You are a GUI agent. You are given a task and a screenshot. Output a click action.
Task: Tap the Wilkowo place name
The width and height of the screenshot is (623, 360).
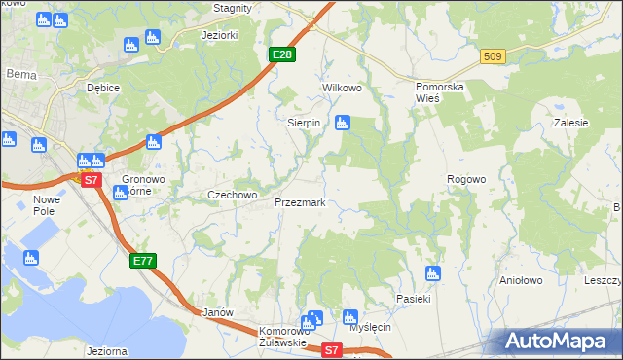point(342,88)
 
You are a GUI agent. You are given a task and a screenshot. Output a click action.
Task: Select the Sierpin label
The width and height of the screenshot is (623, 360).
point(304,124)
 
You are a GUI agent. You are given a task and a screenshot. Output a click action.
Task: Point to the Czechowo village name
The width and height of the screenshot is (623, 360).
point(232,195)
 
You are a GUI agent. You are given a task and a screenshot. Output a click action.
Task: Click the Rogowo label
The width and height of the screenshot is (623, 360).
point(465,180)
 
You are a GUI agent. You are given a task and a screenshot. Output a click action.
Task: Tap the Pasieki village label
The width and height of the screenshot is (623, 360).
point(413,298)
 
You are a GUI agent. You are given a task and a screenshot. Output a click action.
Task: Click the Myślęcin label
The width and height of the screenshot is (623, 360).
point(370,327)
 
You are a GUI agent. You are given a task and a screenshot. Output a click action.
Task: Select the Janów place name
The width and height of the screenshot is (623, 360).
point(218,313)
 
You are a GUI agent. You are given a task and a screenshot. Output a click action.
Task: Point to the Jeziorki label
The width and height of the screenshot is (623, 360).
point(219,35)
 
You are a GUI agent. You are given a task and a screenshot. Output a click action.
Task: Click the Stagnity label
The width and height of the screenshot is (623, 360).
point(232,7)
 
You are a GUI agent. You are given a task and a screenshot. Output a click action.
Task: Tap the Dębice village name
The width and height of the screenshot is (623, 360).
point(102,88)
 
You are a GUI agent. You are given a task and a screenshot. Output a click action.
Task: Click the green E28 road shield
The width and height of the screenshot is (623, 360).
point(282,54)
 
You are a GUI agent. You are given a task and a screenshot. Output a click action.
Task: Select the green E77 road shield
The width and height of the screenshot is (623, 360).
point(142,261)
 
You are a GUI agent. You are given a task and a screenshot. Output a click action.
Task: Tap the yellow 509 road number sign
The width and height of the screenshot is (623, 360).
point(492,57)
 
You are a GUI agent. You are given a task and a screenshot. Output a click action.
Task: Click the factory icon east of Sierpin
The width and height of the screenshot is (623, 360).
point(342,123)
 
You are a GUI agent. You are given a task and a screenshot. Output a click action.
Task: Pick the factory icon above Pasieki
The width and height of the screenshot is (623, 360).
point(433,273)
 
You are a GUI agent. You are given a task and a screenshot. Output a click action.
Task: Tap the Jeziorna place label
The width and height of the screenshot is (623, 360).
point(107,351)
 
